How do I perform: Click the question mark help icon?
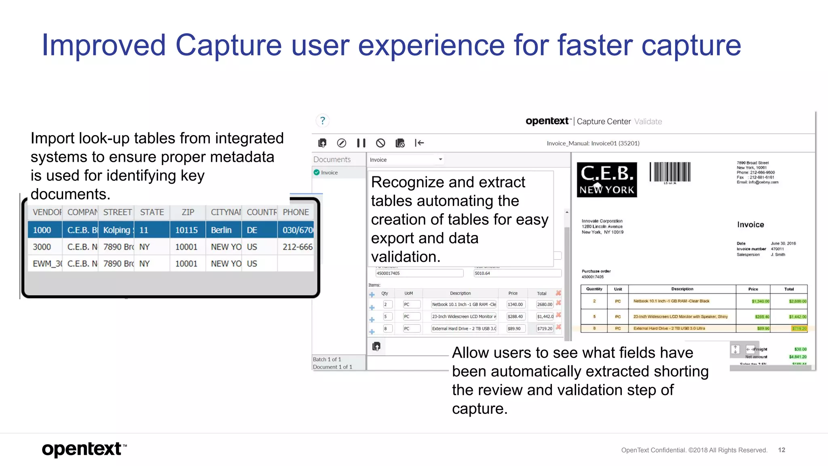click(322, 121)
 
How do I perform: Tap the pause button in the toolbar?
click(361, 143)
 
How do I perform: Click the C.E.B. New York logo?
click(606, 180)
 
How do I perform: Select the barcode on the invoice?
click(670, 172)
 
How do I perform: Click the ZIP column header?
click(188, 212)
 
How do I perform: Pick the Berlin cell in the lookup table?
click(221, 230)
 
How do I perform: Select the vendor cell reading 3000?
click(42, 247)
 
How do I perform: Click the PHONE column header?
click(296, 212)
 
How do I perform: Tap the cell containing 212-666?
click(297, 247)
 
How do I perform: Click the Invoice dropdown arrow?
click(440, 159)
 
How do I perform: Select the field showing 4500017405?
click(419, 273)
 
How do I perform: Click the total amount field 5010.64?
click(517, 273)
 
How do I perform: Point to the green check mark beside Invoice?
click(317, 172)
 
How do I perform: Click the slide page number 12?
click(782, 450)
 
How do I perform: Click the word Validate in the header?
click(648, 121)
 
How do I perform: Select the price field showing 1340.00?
click(515, 305)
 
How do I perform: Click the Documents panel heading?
click(332, 159)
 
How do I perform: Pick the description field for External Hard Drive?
click(464, 328)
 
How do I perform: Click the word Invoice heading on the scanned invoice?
click(750, 225)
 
